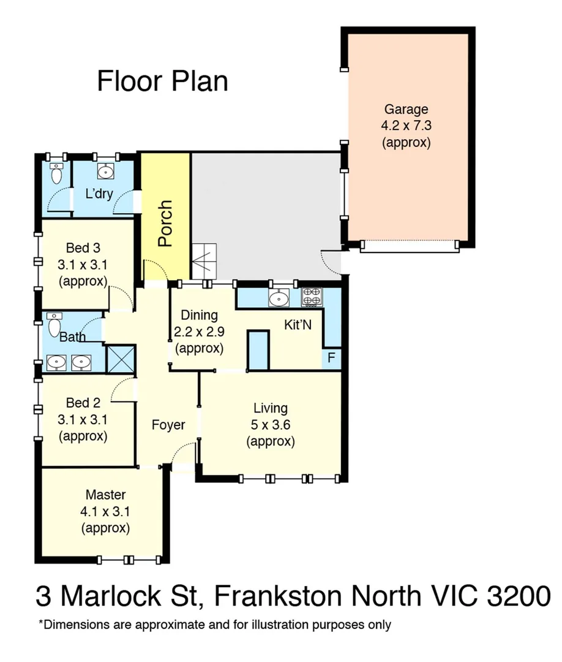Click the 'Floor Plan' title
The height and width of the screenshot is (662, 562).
pyautogui.click(x=162, y=82)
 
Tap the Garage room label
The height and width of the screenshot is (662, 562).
pyautogui.click(x=406, y=110)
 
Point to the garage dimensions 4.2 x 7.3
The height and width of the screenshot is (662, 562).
pyautogui.click(x=406, y=126)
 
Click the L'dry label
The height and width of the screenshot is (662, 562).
pyautogui.click(x=99, y=194)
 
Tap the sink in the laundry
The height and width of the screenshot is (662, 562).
pyautogui.click(x=106, y=170)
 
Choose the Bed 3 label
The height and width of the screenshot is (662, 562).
pyautogui.click(x=83, y=248)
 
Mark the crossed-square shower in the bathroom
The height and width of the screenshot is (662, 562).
pyautogui.click(x=121, y=359)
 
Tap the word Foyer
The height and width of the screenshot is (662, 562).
pyautogui.click(x=168, y=424)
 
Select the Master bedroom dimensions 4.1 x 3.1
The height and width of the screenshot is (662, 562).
pyautogui.click(x=105, y=511)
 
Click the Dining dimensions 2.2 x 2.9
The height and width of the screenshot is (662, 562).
pyautogui.click(x=200, y=332)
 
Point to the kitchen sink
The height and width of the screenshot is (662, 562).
pyautogui.click(x=279, y=298)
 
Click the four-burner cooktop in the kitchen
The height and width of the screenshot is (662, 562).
pyautogui.click(x=312, y=297)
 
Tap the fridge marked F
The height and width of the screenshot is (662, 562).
pyautogui.click(x=331, y=359)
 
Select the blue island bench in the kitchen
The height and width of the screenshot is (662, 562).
pyautogui.click(x=258, y=350)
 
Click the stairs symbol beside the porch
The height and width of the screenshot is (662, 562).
pyautogui.click(x=204, y=261)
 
